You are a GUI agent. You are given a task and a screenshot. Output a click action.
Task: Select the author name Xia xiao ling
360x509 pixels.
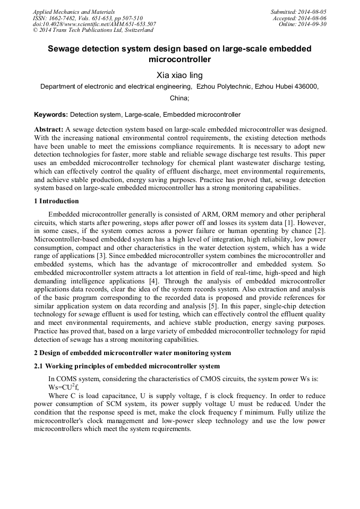coord(179,75)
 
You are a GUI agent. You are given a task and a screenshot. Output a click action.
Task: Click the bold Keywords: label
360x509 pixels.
coord(51,115)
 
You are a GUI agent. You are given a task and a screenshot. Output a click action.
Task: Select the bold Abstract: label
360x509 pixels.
coord(49,130)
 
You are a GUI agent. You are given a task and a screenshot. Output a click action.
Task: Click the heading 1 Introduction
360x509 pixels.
coord(56,201)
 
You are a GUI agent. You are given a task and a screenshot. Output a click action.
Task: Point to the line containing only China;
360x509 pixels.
coord(179,98)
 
